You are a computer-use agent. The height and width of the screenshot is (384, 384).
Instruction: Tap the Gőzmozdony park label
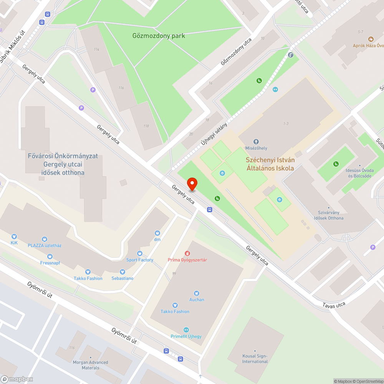[x=159, y=36]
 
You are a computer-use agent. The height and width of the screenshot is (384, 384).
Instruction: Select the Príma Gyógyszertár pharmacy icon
[x=187, y=253]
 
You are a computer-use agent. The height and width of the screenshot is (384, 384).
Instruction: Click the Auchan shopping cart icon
[x=197, y=293]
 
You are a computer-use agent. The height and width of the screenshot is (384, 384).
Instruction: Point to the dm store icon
[x=157, y=233]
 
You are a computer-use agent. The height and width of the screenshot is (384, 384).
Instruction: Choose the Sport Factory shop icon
[x=139, y=253]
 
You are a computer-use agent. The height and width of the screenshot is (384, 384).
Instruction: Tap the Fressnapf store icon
[x=50, y=257]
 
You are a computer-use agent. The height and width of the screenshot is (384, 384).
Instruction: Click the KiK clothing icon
[x=14, y=237]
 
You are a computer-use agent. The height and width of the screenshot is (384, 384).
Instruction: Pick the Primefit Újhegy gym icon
[x=186, y=330]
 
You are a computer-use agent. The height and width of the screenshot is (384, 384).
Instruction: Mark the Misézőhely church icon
[x=256, y=142]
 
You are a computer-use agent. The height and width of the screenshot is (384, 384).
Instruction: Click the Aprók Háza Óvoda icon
[x=371, y=39]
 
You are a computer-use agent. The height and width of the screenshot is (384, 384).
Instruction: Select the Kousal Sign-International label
[x=255, y=359]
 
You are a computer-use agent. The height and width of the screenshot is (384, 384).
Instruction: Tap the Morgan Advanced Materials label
[x=90, y=365]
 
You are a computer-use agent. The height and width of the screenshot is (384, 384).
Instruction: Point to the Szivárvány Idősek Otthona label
[x=328, y=215]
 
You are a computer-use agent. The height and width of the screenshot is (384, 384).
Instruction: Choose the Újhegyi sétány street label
[x=214, y=133]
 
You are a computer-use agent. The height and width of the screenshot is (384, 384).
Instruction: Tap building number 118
[x=146, y=126]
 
